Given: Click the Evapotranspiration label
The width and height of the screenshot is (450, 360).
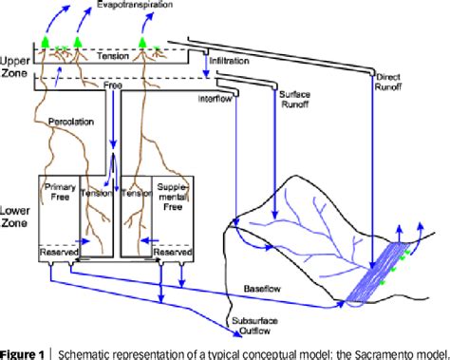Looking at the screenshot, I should click(125, 8).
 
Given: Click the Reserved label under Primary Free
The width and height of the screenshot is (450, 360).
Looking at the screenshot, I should click(58, 253).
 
